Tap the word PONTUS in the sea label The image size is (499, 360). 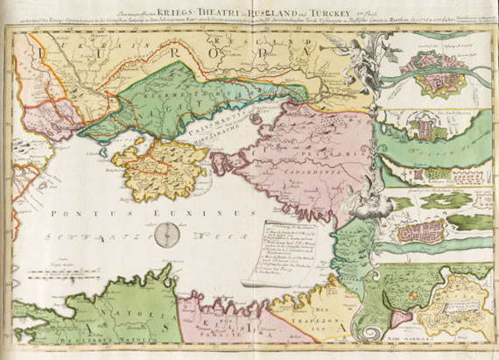click(x=76, y=213)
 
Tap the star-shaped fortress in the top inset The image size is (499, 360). click(x=437, y=81)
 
